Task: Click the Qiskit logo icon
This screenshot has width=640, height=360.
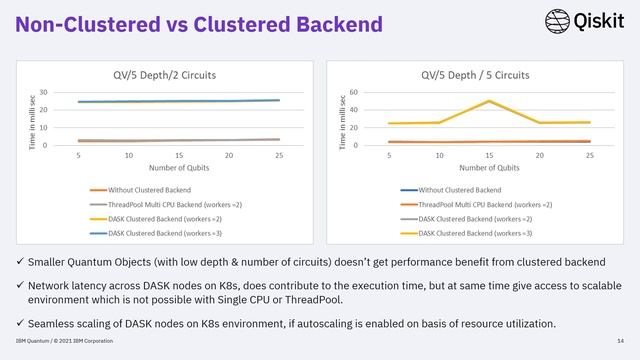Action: click(x=558, y=21)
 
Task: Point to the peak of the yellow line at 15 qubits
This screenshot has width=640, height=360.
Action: click(x=489, y=101)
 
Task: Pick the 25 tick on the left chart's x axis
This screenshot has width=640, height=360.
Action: click(x=279, y=155)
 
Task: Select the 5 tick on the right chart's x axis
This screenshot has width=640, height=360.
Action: click(x=389, y=155)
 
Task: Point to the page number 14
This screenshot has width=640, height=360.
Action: click(x=620, y=347)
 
